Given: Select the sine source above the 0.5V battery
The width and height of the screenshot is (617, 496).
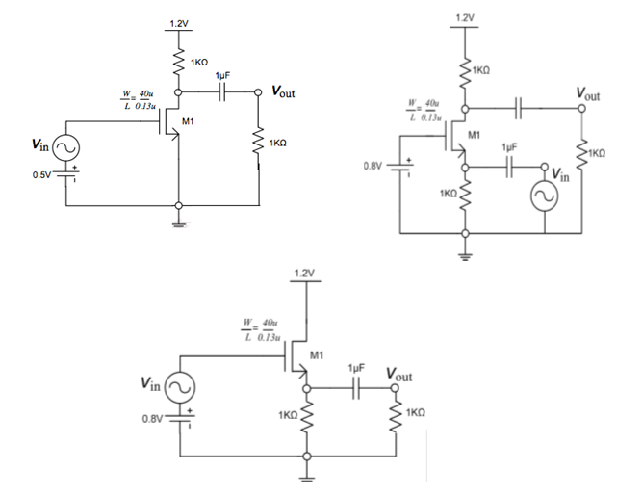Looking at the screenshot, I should coord(66,147).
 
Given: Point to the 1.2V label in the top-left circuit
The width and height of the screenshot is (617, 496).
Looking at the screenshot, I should coord(179,23).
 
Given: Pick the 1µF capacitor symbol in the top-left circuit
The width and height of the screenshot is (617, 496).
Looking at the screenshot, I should coord(222,93).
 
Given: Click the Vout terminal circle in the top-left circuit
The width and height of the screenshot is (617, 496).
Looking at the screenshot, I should coord(260,93).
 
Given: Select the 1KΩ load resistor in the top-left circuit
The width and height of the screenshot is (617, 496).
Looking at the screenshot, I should coord(260,143).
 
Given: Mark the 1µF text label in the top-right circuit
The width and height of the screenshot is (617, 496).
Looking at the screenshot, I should coord(510,146).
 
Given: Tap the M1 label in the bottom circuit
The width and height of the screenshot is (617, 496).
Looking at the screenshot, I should coord(317,354).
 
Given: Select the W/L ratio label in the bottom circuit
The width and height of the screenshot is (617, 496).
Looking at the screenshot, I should coord(261,328).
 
